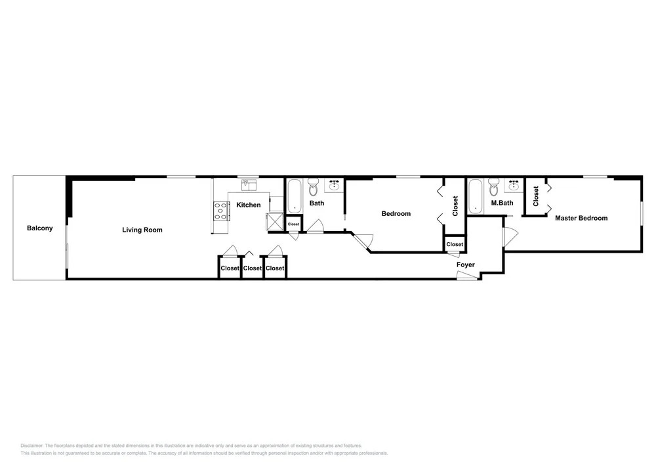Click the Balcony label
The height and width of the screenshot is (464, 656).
click(40, 228)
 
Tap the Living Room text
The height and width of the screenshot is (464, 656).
click(142, 230)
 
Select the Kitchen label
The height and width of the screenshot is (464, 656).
click(249, 205)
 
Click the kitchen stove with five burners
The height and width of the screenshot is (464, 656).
click(222, 211)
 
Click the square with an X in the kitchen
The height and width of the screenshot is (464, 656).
click(275, 222)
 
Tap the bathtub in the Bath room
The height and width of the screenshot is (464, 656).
click(295, 196)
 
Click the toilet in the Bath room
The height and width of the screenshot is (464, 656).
click(314, 188)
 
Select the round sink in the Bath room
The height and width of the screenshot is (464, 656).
click(335, 184)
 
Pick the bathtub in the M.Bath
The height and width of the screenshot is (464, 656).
click(475, 196)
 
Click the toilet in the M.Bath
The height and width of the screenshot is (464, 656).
click(494, 188)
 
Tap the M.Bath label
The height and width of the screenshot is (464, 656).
click(502, 203)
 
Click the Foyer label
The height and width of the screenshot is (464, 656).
click(466, 264)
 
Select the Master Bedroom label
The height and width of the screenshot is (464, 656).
click(581, 218)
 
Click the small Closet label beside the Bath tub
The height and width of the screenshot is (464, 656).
click(294, 224)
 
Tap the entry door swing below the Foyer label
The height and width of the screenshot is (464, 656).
click(467, 276)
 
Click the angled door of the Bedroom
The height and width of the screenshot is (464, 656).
click(362, 241)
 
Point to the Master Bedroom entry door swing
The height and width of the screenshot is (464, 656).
click(510, 236)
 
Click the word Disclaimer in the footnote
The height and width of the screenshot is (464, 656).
click(31, 446)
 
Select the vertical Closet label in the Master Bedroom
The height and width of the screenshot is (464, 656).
click(536, 196)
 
